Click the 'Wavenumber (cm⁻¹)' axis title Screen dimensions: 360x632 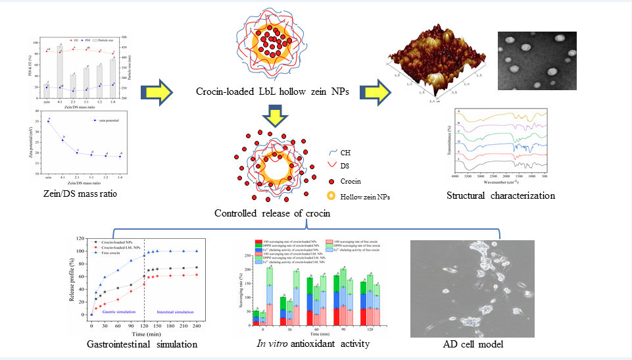click(x=500, y=181)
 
